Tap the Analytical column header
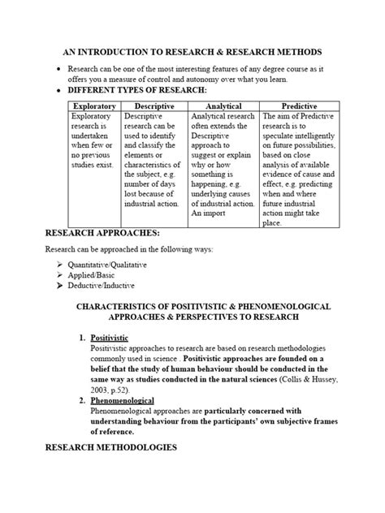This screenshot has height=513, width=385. click(223, 106)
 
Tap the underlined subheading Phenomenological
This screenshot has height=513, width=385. click(122, 401)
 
